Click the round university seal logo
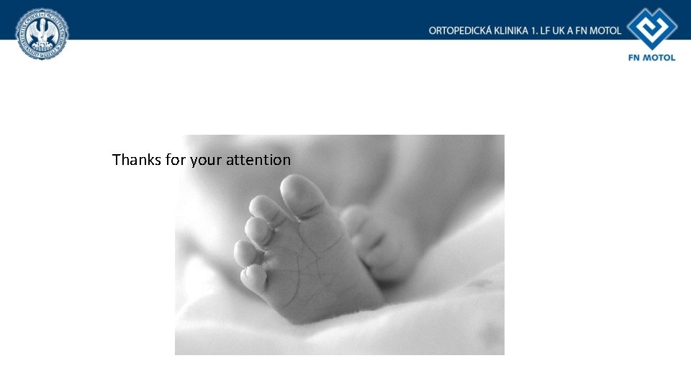pyautogui.click(x=42, y=34)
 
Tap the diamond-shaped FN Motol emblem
pyautogui.click(x=651, y=29)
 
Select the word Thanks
pyautogui.click(x=137, y=160)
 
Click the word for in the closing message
pyautogui.click(x=175, y=160)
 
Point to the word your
pyautogui.click(x=206, y=160)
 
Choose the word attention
pyautogui.click(x=258, y=160)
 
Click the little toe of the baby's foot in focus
pyautogui.click(x=253, y=278)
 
